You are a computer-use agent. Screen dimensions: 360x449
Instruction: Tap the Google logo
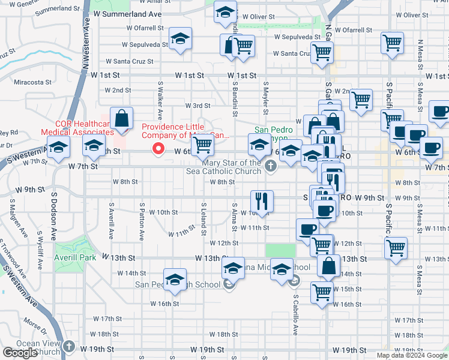(20, 353)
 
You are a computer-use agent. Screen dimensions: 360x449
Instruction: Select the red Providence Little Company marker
(158, 148)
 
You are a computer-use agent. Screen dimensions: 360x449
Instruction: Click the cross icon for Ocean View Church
(70, 347)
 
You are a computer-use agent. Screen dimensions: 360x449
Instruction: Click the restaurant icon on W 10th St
(262, 200)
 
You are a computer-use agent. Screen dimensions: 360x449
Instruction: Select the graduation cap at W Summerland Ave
(225, 13)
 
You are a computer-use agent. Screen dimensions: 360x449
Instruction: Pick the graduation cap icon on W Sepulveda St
(180, 39)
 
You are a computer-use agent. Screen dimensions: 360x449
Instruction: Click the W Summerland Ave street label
(127, 14)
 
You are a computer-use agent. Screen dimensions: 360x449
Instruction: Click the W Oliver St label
(262, 17)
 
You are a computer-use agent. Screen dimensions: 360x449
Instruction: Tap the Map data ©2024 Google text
(411, 355)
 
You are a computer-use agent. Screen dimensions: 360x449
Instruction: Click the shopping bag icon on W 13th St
(330, 266)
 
